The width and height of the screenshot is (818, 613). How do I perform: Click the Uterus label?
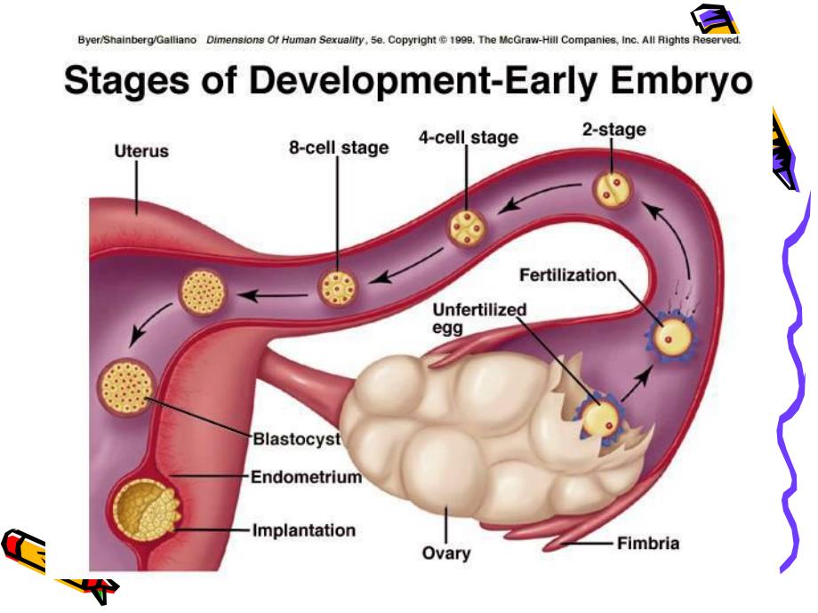(x=135, y=151)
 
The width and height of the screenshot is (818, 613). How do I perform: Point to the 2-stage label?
(x=613, y=129)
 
